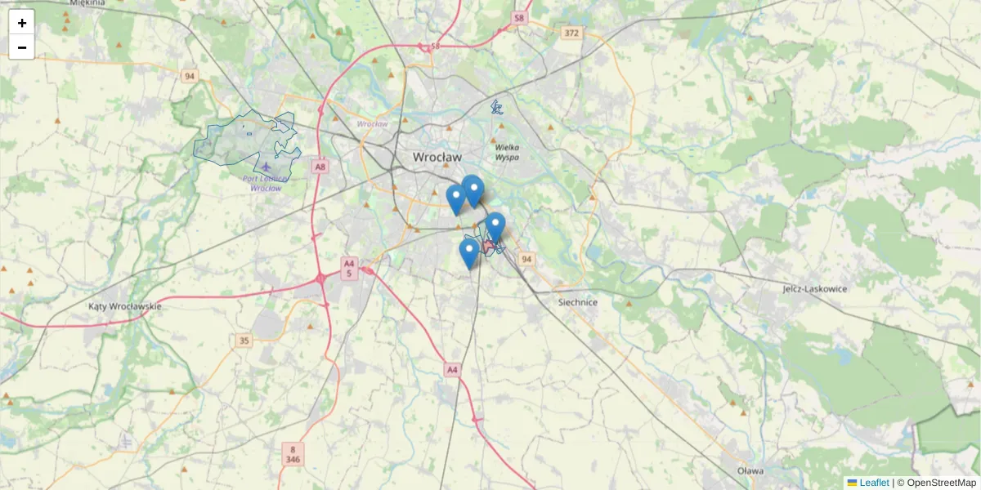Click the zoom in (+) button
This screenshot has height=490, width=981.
pyautogui.click(x=22, y=23)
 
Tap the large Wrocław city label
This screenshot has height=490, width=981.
pyautogui.click(x=437, y=157)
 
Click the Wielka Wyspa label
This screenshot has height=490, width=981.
pyautogui.click(x=508, y=152)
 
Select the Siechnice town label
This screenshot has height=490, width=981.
pyautogui.click(x=577, y=302)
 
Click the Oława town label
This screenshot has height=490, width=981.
pyautogui.click(x=750, y=471)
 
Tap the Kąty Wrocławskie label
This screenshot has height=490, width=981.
pyautogui.click(x=124, y=306)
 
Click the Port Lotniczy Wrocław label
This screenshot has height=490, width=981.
pyautogui.click(x=266, y=183)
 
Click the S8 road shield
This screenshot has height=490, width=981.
pyautogui.click(x=518, y=17)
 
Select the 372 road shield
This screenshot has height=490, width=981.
pyautogui.click(x=571, y=33)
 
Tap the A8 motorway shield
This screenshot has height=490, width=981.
pyautogui.click(x=320, y=167)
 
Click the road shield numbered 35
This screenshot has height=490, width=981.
pyautogui.click(x=244, y=340)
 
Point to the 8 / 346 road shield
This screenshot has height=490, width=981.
pyautogui.click(x=293, y=454)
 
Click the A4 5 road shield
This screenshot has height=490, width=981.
pyautogui.click(x=349, y=269)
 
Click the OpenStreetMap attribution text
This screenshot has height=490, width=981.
pyautogui.click(x=940, y=483)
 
